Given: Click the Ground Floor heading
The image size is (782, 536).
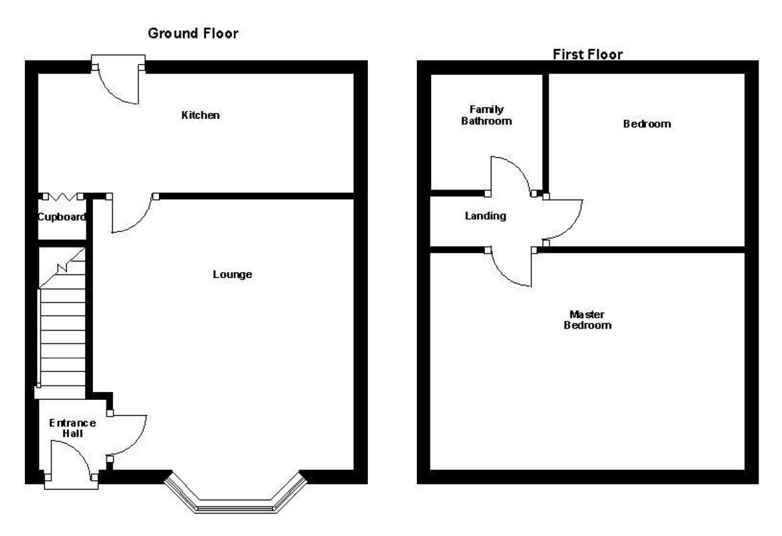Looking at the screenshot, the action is tap(193, 34).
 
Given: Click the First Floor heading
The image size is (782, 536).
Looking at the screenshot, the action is tap(587, 54).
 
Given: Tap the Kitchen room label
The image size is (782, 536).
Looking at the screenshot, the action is tap(200, 115).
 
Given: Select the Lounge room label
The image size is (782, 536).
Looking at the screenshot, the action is tap(232, 274).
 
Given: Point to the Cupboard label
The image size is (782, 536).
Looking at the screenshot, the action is tap(62, 217).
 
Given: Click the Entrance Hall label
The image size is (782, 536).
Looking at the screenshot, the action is tap(72, 428).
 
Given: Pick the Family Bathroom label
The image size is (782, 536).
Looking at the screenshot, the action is tap(486, 115).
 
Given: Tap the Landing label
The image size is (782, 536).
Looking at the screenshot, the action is tap(485, 216).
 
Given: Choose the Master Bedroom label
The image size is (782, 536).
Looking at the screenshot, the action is tap(587, 320).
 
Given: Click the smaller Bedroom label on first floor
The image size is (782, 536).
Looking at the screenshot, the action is tap(647, 124).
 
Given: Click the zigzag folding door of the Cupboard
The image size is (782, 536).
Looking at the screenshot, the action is tap(63, 197).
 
